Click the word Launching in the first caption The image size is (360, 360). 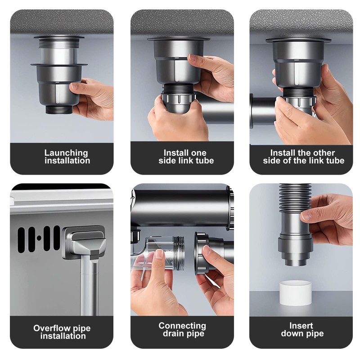pos(66,153)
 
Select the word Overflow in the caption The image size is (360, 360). pos(49,328)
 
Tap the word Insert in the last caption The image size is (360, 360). pos(302,325)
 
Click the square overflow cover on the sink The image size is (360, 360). pos(84,243)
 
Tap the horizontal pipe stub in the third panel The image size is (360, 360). pos(263,110)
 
